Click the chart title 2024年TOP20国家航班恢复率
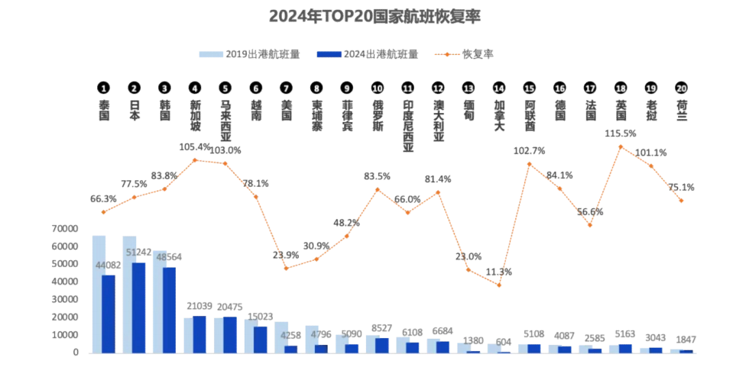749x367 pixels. click(374, 16)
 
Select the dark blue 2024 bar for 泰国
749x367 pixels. click(109, 314)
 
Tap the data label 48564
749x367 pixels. click(169, 257)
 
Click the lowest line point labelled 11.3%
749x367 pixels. click(499, 285)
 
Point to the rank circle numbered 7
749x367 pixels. click(286, 88)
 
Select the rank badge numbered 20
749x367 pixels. click(681, 88)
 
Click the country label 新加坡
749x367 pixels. click(195, 115)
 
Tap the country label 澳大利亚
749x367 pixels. click(438, 120)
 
